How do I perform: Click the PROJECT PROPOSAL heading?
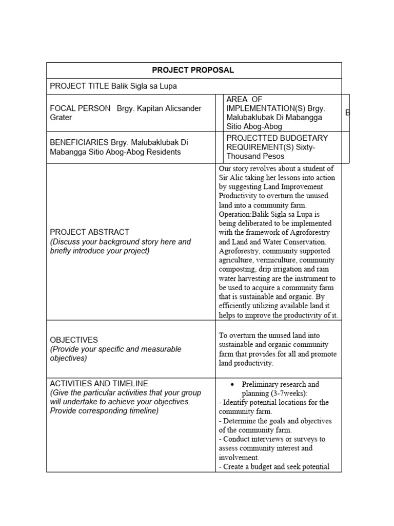click(x=193, y=70)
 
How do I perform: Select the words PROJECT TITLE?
click(x=80, y=86)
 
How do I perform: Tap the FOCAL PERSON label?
click(x=80, y=108)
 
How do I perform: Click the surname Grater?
click(x=61, y=118)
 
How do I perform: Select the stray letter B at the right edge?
click(x=347, y=112)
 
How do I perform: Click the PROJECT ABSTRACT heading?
click(x=89, y=232)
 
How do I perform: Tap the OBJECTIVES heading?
click(x=73, y=340)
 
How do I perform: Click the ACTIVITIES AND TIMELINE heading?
click(x=99, y=384)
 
